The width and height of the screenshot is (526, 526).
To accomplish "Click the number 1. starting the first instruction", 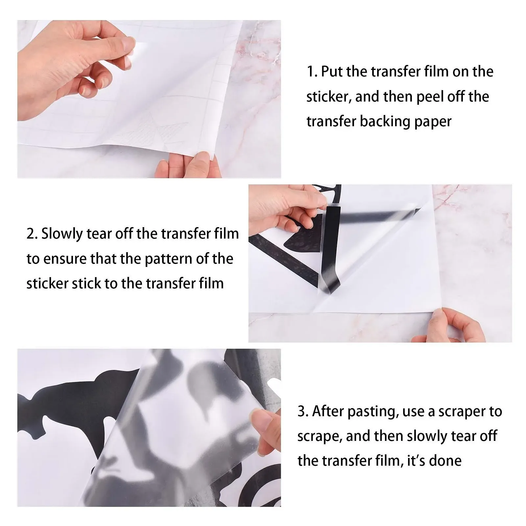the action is [x=312, y=72].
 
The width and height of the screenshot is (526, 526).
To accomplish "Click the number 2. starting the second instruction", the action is [x=32, y=234].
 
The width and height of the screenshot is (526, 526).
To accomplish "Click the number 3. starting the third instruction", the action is [x=303, y=412].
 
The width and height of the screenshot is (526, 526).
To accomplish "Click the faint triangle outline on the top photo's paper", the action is [x=155, y=131].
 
